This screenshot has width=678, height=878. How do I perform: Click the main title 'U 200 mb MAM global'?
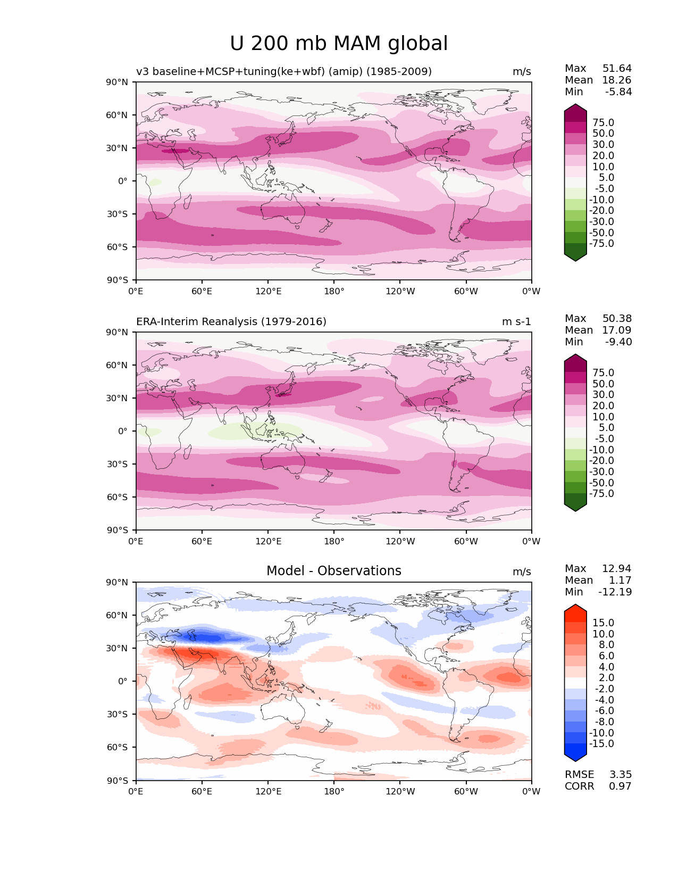[x=339, y=44]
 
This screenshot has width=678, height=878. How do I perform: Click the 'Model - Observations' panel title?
[x=333, y=571]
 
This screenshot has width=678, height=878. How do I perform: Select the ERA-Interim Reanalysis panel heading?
[x=231, y=321]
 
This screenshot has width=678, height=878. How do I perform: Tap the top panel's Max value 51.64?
[x=617, y=68]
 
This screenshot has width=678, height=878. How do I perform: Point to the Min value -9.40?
[x=618, y=342]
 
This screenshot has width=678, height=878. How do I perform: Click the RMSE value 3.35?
[x=620, y=774]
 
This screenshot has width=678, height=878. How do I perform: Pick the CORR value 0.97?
[x=620, y=786]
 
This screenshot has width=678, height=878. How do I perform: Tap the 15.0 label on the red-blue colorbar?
[x=603, y=623]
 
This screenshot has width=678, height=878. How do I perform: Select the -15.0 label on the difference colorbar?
[x=601, y=743]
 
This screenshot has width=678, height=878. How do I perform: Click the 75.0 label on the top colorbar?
[x=603, y=122]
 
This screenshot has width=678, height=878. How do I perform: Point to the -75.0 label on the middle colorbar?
[x=601, y=493]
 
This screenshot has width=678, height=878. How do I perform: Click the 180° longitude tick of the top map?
[x=334, y=291]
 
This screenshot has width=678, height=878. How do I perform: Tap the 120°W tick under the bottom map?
[x=400, y=791]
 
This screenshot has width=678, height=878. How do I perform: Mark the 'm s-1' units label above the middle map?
[x=516, y=321]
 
